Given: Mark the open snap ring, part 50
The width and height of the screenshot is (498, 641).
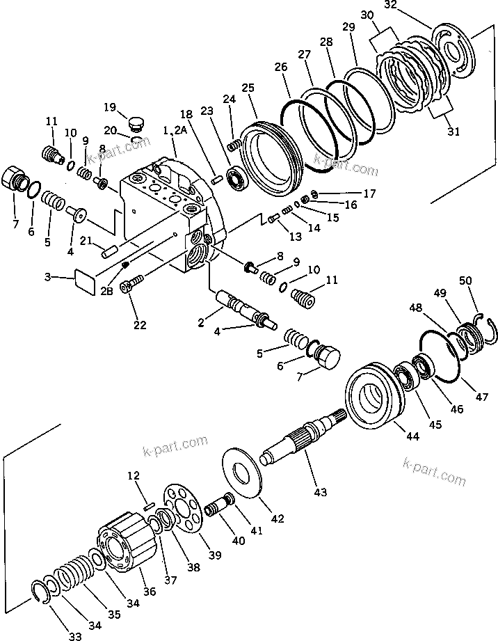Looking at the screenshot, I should (x=482, y=330).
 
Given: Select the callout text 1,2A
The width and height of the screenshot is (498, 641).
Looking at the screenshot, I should (x=174, y=130).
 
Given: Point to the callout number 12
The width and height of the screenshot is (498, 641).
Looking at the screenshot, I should (x=134, y=476).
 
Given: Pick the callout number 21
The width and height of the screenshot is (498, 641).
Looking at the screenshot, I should (x=84, y=240).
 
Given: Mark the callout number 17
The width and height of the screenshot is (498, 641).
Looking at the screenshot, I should (x=369, y=193).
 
